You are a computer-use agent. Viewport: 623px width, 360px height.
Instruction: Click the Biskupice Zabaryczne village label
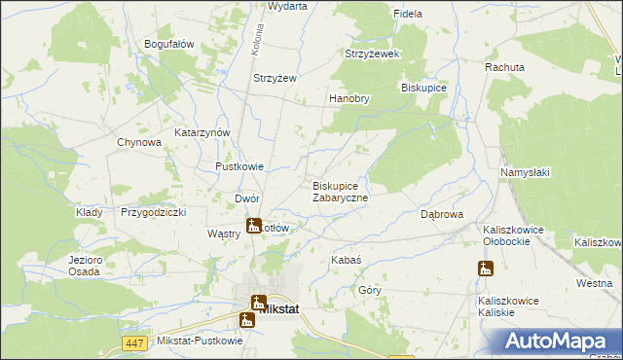[340, 192]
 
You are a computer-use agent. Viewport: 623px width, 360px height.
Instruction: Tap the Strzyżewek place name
[373, 54]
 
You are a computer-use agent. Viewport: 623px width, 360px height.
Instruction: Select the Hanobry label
[349, 98]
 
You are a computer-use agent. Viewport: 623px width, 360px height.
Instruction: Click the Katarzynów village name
[202, 132]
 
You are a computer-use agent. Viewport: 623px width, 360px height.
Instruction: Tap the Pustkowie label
[239, 166]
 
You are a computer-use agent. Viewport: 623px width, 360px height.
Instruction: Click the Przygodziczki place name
[153, 211]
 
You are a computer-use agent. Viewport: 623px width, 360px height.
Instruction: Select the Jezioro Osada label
[85, 266]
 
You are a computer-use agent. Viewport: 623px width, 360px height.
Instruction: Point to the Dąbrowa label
[440, 214]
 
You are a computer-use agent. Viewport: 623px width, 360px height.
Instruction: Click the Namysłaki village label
[526, 172]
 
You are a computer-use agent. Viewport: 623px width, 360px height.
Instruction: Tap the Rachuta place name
[505, 67]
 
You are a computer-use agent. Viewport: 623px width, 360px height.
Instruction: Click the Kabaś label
[347, 261]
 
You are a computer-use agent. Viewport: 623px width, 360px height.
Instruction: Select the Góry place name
[370, 290]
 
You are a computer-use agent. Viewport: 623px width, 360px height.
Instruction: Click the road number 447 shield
[134, 342]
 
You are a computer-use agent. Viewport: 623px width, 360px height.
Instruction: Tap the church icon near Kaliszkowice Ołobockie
[486, 269]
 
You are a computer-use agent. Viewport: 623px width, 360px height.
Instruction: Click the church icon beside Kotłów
[253, 227]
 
